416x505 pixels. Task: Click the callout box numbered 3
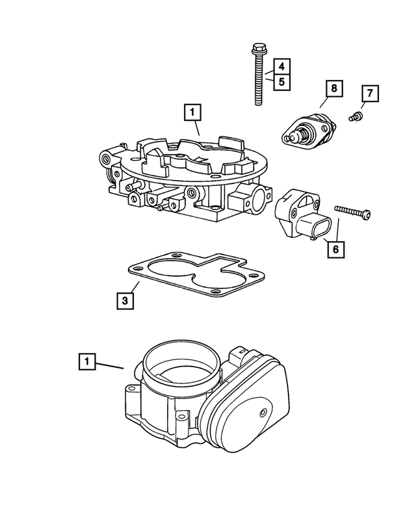[126, 300]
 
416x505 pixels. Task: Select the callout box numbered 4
[281, 67]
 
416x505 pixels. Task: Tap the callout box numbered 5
[281, 82]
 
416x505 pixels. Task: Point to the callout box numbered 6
[335, 248]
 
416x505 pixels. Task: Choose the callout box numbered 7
[369, 94]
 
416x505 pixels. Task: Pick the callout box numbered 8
[333, 88]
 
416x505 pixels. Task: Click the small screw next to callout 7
[356, 117]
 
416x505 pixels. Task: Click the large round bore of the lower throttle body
[174, 364]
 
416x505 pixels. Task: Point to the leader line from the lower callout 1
[110, 365]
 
